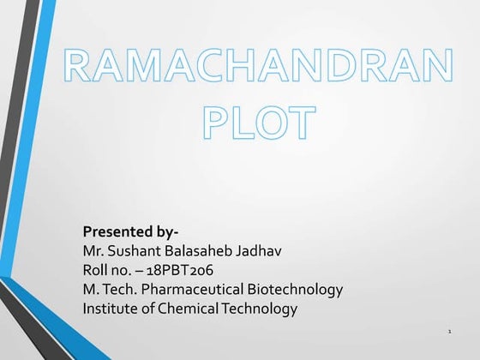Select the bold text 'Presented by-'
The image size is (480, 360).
tap(130, 232)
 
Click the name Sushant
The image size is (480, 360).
tap(136, 251)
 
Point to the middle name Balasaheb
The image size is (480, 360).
tap(200, 251)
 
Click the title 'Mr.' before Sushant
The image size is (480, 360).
tap(93, 251)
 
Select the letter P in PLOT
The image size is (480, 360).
tap(219, 123)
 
